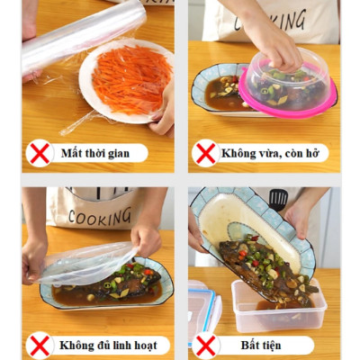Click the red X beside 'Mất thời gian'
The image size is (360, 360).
(40, 153)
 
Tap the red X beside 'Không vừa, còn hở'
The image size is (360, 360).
(206, 153)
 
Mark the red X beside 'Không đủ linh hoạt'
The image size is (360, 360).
(40, 346)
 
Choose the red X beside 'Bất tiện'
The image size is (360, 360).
(206, 346)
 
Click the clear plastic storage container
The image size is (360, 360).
(279, 310)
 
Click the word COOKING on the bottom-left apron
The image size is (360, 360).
(92, 217)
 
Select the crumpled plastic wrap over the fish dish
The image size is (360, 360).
(85, 261)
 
